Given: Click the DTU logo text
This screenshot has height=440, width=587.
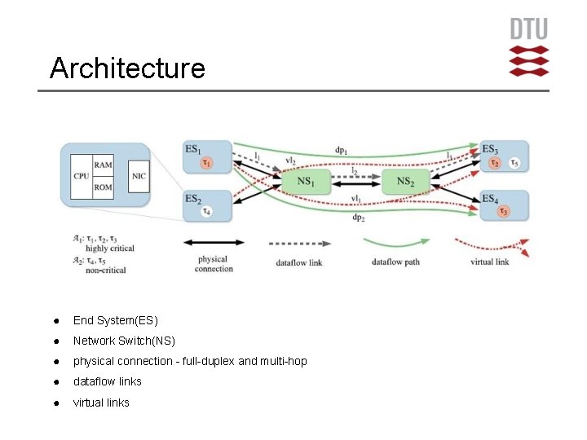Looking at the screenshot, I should (x=529, y=29).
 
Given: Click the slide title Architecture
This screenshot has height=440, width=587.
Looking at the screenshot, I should (x=126, y=68).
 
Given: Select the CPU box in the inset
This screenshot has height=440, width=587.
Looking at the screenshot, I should (x=81, y=175).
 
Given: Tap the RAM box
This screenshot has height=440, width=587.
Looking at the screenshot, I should (x=103, y=165).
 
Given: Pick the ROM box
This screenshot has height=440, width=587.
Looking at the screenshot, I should (x=103, y=187).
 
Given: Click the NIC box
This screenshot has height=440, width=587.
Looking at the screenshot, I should (x=139, y=175).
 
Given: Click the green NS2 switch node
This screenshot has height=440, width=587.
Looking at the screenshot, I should (x=405, y=181).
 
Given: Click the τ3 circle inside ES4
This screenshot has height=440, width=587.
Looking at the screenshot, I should (x=503, y=212).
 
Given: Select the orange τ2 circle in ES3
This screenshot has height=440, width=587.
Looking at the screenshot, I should (x=494, y=163).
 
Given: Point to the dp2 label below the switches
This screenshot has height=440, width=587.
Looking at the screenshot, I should (x=358, y=218).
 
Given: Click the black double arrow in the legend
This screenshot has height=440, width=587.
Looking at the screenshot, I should (x=214, y=242).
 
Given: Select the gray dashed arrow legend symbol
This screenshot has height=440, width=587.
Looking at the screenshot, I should (x=298, y=243).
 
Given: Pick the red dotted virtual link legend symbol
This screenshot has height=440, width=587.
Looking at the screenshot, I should (x=490, y=244).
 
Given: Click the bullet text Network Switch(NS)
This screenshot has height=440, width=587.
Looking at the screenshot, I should (x=124, y=341).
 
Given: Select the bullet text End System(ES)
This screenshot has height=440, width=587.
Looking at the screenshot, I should (x=115, y=320).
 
